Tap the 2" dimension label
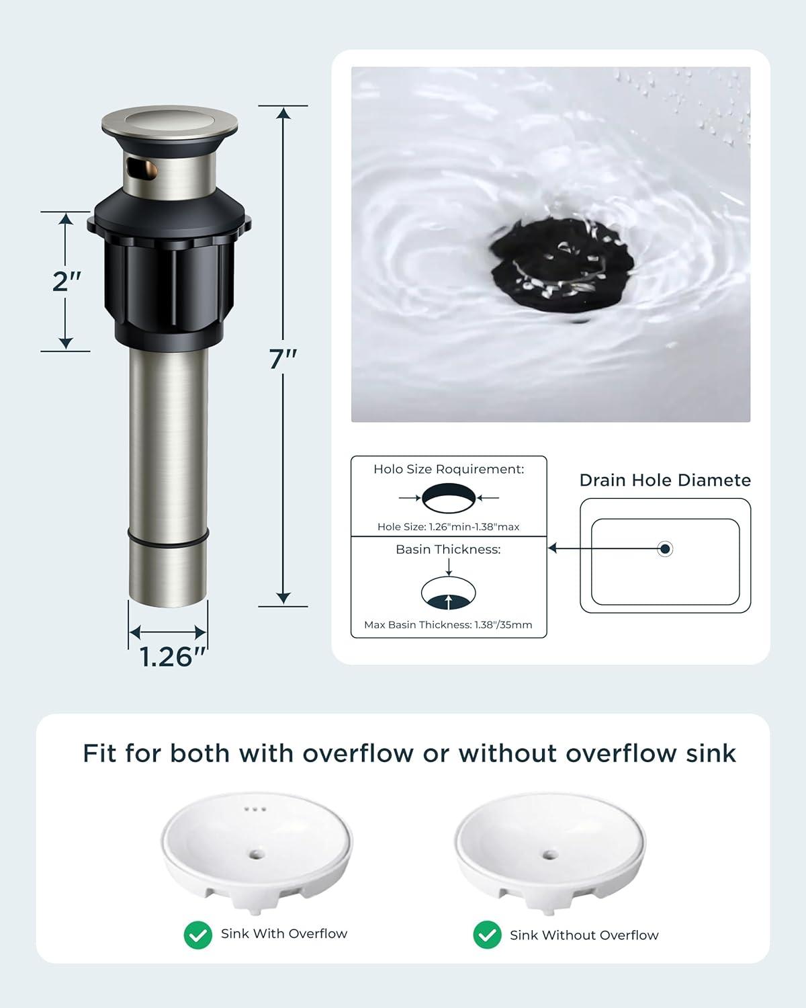pyautogui.click(x=66, y=282)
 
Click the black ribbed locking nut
pyautogui.click(x=169, y=286)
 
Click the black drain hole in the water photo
pyautogui.click(x=562, y=265)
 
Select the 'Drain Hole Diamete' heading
pyautogui.click(x=665, y=480)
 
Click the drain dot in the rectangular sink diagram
pyautogui.click(x=665, y=548)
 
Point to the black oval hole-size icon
pyautogui.click(x=449, y=498)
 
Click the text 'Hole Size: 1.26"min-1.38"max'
pyautogui.click(x=448, y=526)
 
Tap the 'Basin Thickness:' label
pyautogui.click(x=448, y=549)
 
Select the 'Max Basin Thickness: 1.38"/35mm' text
pyautogui.click(x=448, y=624)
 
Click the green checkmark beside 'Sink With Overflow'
pyautogui.click(x=197, y=935)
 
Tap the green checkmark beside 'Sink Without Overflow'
pyautogui.click(x=487, y=935)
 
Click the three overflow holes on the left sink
pyautogui.click(x=255, y=809)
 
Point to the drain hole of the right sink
pyautogui.click(x=550, y=855)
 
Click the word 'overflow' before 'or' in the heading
pyautogui.click(x=358, y=754)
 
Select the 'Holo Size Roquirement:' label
pyautogui.click(x=449, y=469)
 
